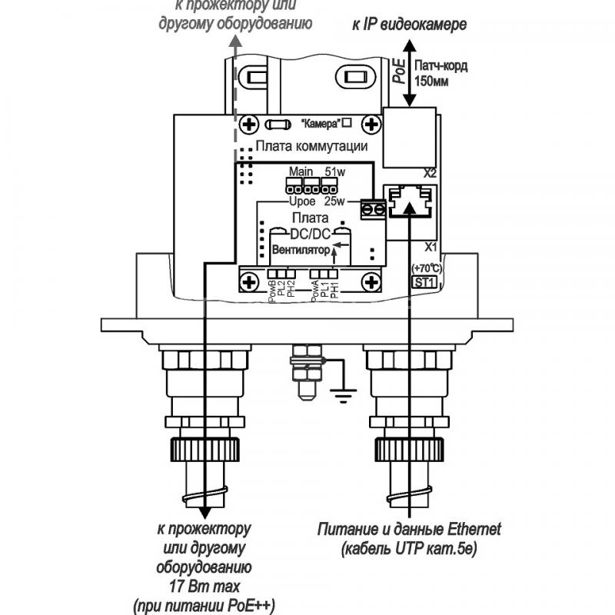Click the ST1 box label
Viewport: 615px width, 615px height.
pyautogui.click(x=424, y=282)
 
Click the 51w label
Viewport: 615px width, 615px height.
pyautogui.click(x=336, y=171)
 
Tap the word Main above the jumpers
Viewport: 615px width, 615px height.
pyautogui.click(x=301, y=171)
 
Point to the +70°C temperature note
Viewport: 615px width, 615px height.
pyautogui.click(x=424, y=268)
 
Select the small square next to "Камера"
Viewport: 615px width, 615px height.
pyautogui.click(x=347, y=122)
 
